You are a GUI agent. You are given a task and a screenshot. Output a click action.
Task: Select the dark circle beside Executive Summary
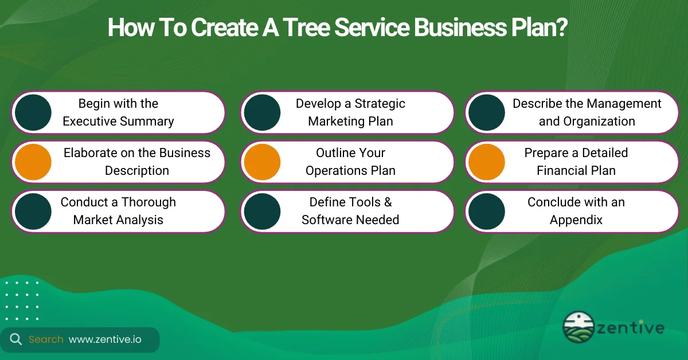(33, 112)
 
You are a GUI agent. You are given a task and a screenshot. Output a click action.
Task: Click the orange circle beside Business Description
(33, 162)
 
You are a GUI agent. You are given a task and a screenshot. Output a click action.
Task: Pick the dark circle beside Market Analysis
(33, 211)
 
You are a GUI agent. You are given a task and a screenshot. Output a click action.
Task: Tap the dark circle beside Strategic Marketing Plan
(262, 112)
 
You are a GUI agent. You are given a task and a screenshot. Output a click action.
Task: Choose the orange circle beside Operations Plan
(262, 162)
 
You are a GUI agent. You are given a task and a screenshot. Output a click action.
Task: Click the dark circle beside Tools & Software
(262, 211)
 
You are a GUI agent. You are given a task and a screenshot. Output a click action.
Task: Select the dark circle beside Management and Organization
(487, 112)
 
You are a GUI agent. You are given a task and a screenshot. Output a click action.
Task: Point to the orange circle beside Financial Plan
(487, 162)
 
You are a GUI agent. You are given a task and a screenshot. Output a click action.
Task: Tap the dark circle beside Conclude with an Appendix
(487, 211)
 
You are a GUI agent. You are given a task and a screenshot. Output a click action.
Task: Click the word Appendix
(576, 220)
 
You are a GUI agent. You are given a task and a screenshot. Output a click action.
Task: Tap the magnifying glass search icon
(16, 339)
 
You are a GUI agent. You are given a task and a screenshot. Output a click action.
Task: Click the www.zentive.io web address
(105, 339)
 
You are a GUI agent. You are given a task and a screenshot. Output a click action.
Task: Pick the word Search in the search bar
(46, 339)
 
